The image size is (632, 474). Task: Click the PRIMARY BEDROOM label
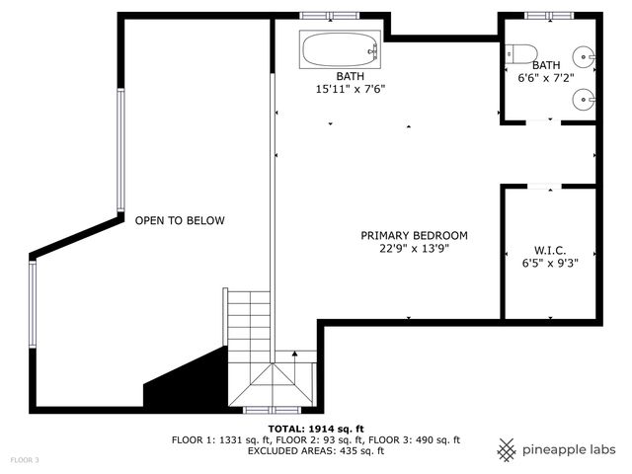point(414,235)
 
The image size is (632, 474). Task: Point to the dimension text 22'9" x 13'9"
point(414,249)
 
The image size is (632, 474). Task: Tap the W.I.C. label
point(550,251)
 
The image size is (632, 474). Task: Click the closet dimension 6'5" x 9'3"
point(550,264)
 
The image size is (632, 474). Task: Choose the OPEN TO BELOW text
point(180,220)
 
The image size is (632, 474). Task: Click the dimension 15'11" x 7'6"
point(350,89)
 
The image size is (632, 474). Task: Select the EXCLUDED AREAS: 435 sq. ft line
point(315,451)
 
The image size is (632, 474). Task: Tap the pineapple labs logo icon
point(507,449)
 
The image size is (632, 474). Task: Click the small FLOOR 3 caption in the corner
point(25,460)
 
